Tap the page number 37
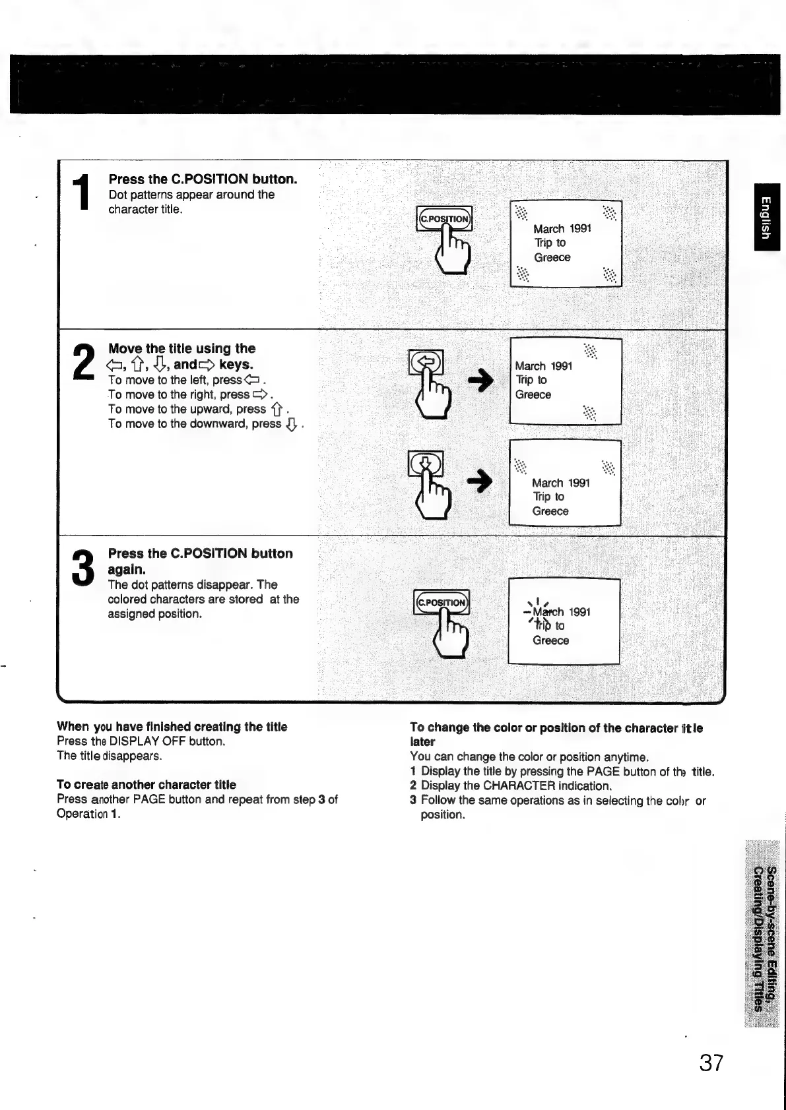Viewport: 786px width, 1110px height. pos(711,1063)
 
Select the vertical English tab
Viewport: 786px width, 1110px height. pos(766,217)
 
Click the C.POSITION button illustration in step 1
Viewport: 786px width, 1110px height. pos(444,219)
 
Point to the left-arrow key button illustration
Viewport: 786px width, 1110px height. pos(426,361)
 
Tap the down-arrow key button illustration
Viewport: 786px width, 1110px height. pos(426,463)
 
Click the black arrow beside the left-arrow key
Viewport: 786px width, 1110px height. pos(480,382)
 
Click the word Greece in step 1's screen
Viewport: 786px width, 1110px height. pos(552,258)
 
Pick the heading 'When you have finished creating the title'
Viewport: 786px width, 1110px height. pos(172,727)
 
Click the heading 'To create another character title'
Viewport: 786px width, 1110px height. pos(147,785)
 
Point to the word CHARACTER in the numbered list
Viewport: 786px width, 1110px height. pos(519,786)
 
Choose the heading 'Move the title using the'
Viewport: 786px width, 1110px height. pos(182,348)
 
